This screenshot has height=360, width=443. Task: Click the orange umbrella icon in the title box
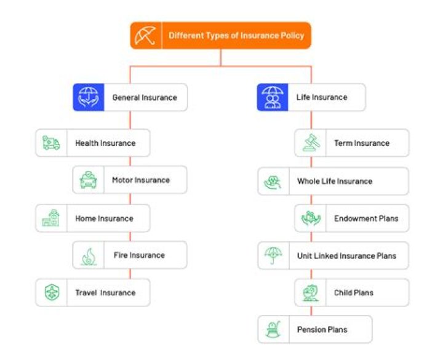click(146, 36)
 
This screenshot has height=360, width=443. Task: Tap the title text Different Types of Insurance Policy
click(236, 36)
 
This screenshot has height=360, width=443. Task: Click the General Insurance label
click(144, 97)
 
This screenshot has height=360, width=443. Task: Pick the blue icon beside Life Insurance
click(272, 97)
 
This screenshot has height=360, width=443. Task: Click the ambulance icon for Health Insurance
click(51, 143)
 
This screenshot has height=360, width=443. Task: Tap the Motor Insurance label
click(140, 180)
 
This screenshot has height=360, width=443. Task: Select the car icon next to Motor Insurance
click(88, 180)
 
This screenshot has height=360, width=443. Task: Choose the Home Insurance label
click(104, 218)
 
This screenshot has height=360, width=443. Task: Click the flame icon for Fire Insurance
click(88, 255)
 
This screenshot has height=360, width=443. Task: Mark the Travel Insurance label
click(105, 292)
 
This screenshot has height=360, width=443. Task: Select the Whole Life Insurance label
click(335, 182)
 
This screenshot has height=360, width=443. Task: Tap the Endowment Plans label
click(366, 218)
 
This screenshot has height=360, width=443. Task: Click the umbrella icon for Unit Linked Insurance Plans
click(273, 255)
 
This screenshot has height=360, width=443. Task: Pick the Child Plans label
click(354, 292)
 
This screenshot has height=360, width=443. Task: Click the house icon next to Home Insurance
click(51, 218)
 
